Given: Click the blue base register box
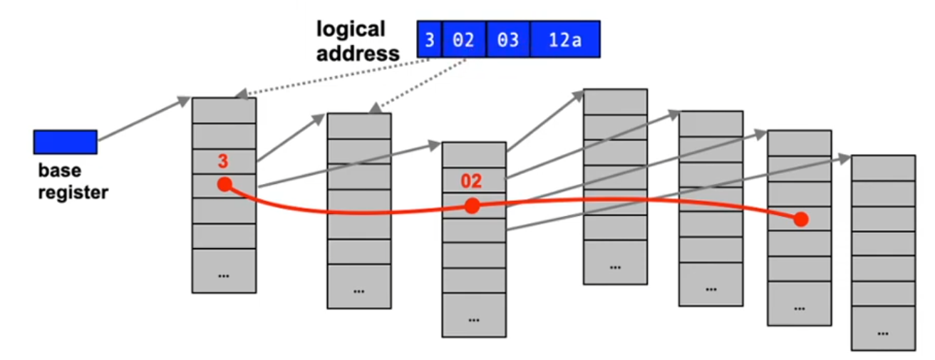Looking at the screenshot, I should tap(65, 142).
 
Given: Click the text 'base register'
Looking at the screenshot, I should tap(73, 181).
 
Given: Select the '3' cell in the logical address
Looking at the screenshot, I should tap(429, 39).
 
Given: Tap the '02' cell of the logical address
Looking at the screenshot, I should tap(463, 39).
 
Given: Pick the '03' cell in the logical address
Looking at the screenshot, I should tap(507, 39).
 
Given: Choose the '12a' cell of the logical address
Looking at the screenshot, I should tap(564, 39).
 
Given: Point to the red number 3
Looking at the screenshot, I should tap(222, 163).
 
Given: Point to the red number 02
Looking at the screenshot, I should tap(471, 181).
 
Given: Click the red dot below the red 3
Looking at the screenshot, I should tap(224, 185).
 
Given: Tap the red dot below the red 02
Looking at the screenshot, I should tap(472, 206).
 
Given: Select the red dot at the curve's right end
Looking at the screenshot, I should tap(801, 219).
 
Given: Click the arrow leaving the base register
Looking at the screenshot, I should tap(143, 120).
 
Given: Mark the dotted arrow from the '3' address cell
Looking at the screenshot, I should tap(335, 77).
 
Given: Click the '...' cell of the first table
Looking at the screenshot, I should tap(224, 274).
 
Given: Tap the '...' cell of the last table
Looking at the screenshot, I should tap(883, 331).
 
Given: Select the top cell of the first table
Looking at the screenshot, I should tap(224, 110).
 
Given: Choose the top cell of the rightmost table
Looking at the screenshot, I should tap(883, 168).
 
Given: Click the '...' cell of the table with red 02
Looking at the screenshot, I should tap(474, 317).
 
